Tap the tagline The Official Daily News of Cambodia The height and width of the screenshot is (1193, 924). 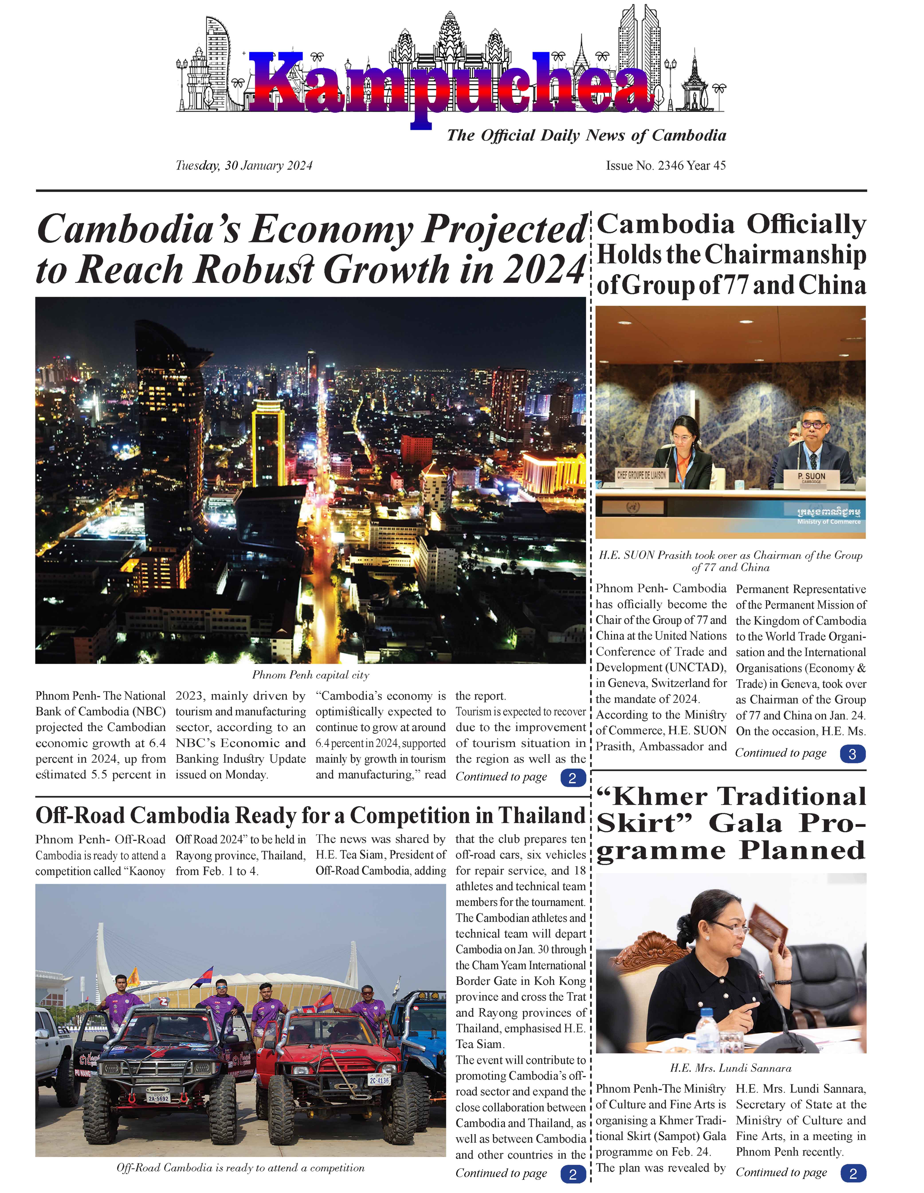click(586, 136)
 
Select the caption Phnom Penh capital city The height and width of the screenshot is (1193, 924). click(310, 675)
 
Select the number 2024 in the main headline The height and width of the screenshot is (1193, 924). click(543, 270)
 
